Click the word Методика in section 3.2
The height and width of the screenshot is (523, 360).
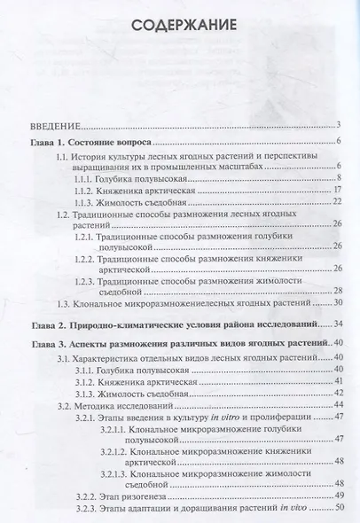click(98, 405)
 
